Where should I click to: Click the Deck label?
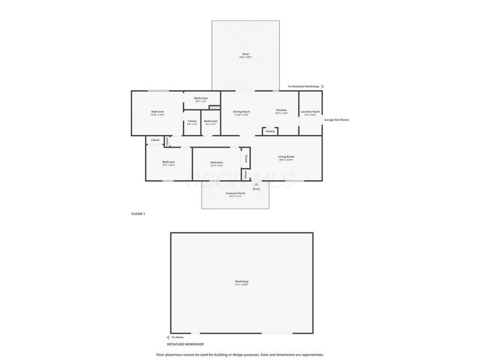coord(245,54)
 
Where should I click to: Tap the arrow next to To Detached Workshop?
coord(322,86)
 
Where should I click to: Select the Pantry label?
coord(270,131)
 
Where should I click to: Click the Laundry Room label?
coord(310,112)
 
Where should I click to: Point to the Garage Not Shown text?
coord(336,119)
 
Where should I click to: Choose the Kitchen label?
coord(281,110)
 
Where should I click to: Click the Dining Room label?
coord(241,112)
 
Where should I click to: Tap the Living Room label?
coord(286,157)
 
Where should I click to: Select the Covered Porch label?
coord(235,193)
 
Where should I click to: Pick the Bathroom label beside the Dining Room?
coord(211,121)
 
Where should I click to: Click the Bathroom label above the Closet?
coord(200,98)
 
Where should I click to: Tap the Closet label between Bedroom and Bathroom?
coord(192,121)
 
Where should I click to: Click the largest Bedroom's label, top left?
coord(157,112)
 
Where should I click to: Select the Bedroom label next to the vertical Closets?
coord(217,162)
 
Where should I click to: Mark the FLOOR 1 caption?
coord(138,214)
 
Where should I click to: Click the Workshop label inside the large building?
coord(241,281)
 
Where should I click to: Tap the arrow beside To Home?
coord(167,337)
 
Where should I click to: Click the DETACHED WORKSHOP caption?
coord(186,344)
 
